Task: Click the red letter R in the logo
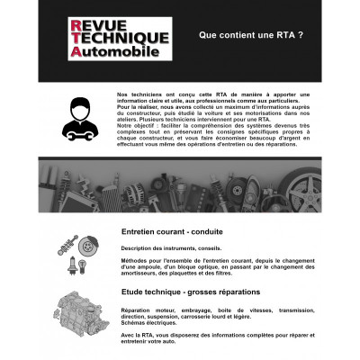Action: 76,22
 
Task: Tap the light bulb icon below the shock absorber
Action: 68,265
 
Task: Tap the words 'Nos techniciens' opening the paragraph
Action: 139,93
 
